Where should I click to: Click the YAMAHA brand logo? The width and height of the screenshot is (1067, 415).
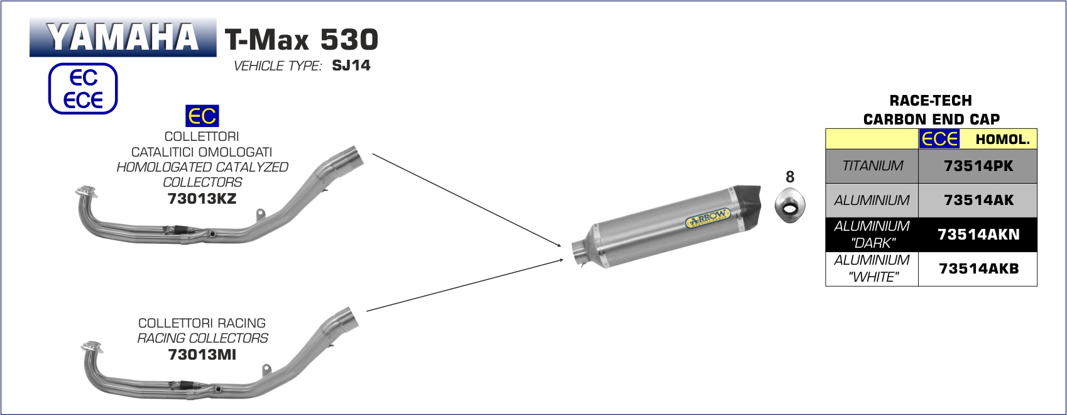[123, 38]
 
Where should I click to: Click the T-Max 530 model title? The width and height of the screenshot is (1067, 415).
[302, 39]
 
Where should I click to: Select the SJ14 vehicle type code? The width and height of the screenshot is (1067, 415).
[351, 65]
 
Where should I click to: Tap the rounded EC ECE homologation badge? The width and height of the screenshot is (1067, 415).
[83, 89]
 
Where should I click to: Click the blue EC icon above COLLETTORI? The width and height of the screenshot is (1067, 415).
[202, 116]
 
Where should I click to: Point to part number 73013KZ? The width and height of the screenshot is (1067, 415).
[202, 198]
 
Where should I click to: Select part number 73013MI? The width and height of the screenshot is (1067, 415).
[202, 355]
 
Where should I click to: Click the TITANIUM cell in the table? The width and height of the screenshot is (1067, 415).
[872, 166]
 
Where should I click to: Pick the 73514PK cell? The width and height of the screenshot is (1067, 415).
[978, 166]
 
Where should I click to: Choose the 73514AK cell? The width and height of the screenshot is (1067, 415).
[978, 200]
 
